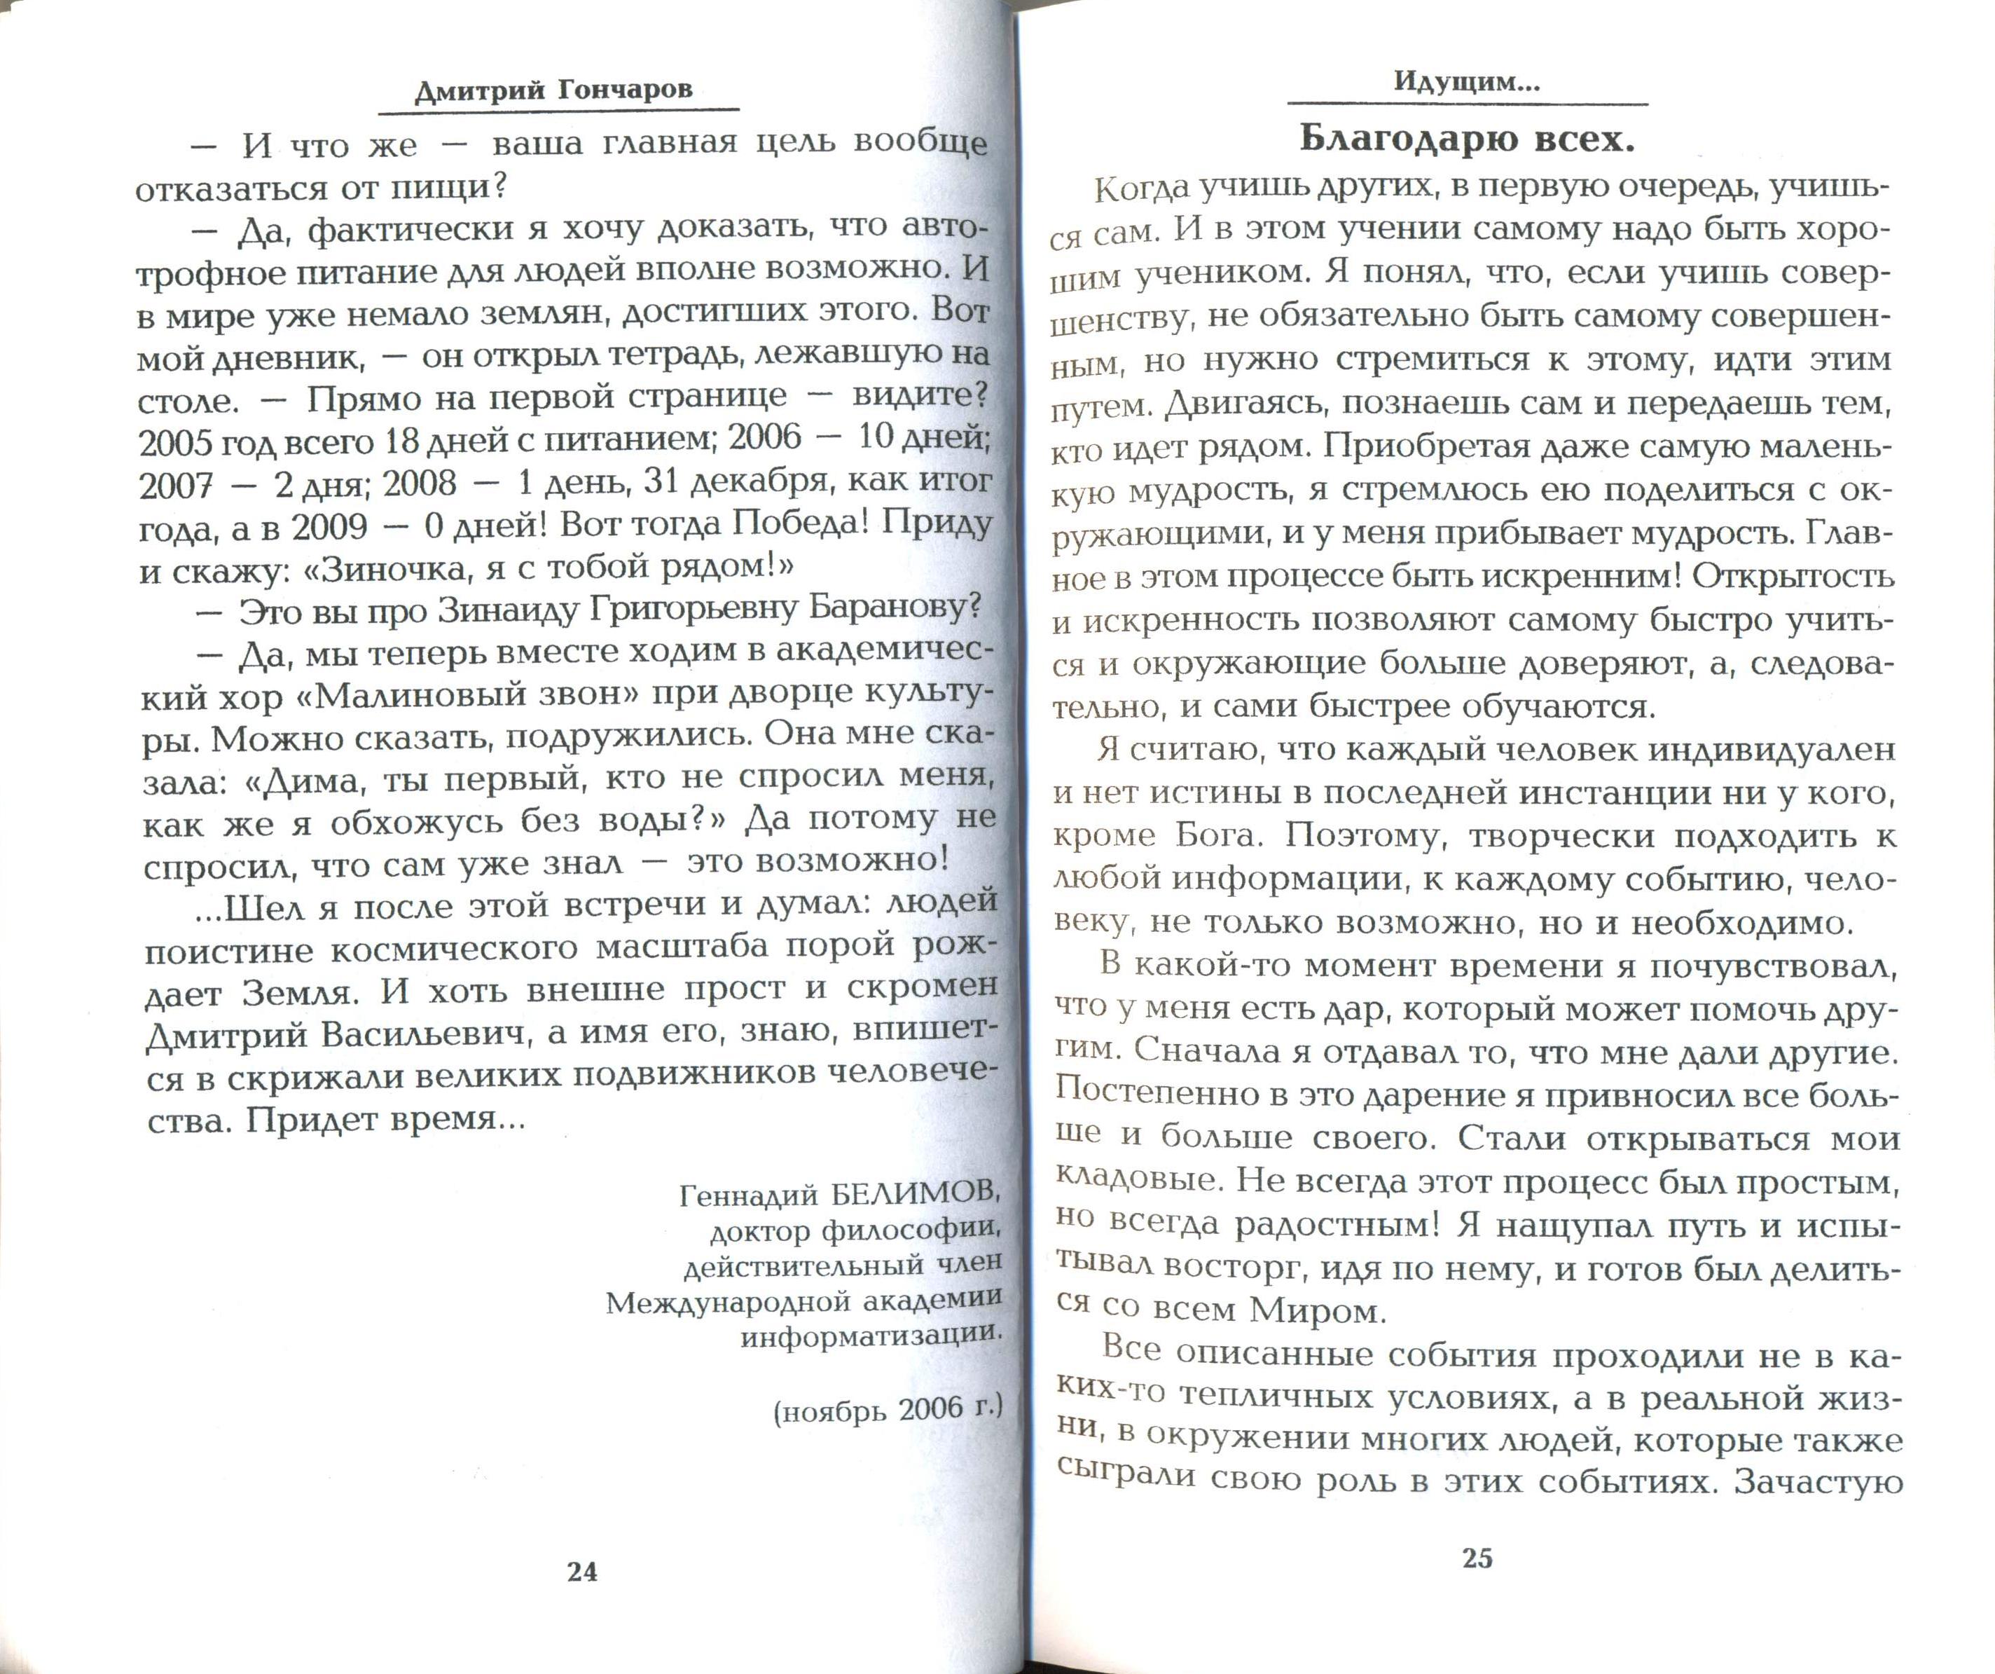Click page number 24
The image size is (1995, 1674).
581,1572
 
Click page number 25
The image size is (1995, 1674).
1477,1558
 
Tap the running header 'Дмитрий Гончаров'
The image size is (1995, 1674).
554,90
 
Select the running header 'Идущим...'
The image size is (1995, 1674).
1467,82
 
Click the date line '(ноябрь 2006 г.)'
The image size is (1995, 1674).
888,1407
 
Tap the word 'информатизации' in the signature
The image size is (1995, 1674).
870,1336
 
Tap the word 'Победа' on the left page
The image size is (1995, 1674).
795,523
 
